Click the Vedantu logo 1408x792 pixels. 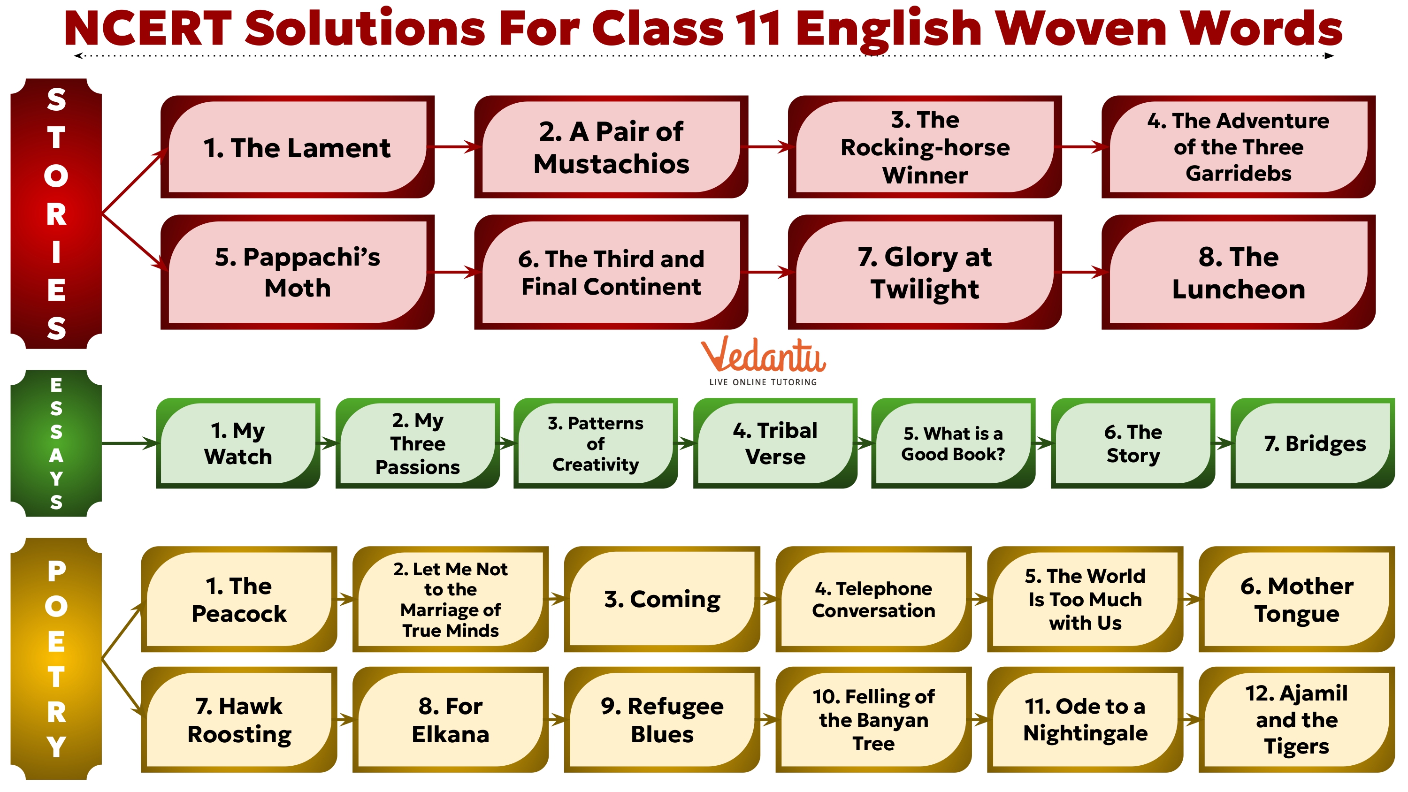[763, 361]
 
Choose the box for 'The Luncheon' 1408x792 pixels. [1238, 272]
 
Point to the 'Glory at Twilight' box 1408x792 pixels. [925, 272]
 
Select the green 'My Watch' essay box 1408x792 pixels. [238, 443]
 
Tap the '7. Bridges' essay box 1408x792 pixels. [1314, 443]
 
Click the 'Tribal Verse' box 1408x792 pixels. [775, 443]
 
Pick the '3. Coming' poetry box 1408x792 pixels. [662, 599]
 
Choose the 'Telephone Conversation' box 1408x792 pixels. [873, 599]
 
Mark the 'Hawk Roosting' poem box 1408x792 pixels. [239, 719]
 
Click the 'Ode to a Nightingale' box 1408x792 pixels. [1085, 719]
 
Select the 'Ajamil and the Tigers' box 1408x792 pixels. [1296, 719]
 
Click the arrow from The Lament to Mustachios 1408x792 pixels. [454, 146]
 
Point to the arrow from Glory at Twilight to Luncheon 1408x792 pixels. [1082, 272]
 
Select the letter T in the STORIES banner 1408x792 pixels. [56, 138]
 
